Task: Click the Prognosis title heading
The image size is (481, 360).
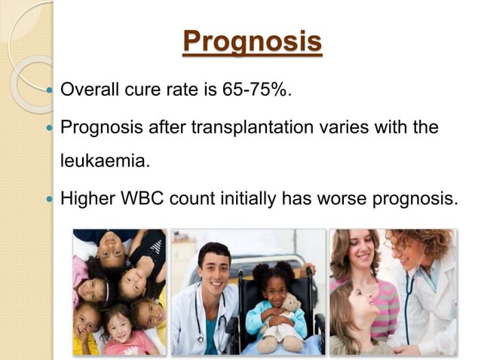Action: pyautogui.click(x=252, y=41)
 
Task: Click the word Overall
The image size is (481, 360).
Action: pyautogui.click(x=89, y=91)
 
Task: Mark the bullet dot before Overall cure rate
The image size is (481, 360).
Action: pyautogui.click(x=50, y=91)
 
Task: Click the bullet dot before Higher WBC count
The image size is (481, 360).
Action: pyautogui.click(x=50, y=200)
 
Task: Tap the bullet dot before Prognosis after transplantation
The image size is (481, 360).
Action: pyautogui.click(x=50, y=127)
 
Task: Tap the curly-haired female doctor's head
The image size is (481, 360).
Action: pyautogui.click(x=415, y=252)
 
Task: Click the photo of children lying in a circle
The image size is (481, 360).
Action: pyautogui.click(x=119, y=291)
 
